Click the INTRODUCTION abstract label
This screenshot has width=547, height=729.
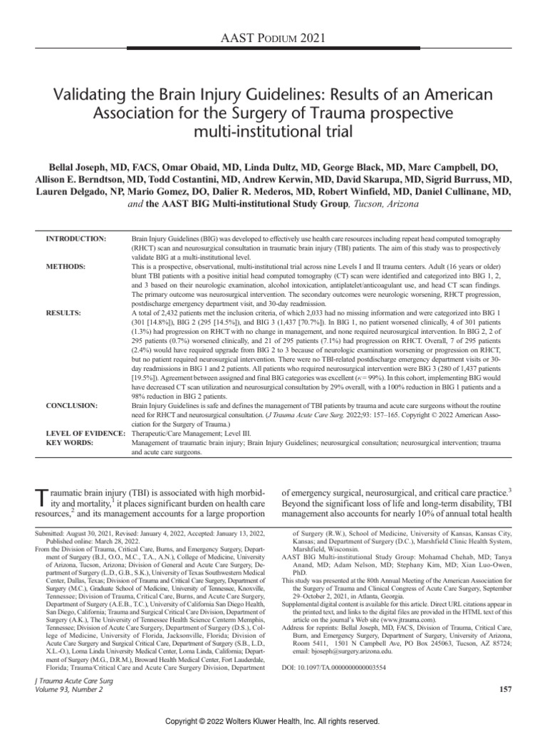tap(75, 238)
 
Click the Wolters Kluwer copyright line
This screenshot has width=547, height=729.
tap(273, 720)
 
